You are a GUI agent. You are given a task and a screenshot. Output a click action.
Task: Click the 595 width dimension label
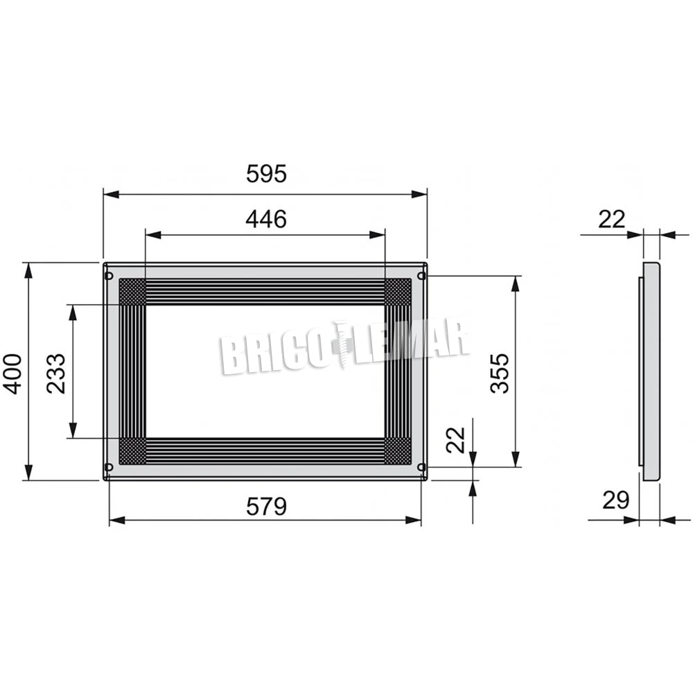pos(266,173)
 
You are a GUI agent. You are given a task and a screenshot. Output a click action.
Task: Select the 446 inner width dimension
pos(266,219)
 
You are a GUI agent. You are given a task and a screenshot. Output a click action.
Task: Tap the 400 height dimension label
pos(12,374)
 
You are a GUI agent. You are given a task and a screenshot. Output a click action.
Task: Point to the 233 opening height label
pos(56,374)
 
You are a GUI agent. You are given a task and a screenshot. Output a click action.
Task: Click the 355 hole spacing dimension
pos(500,374)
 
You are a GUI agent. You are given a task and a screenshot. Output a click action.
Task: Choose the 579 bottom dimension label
pos(266,507)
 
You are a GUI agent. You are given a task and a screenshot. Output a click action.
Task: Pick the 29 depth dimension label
pos(615,500)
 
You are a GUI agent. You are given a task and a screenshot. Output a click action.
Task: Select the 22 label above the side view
pos(612,219)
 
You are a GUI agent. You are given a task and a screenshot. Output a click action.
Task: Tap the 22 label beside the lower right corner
pos(456,440)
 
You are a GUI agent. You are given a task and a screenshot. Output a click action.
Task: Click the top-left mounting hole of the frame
pos(109,277)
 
